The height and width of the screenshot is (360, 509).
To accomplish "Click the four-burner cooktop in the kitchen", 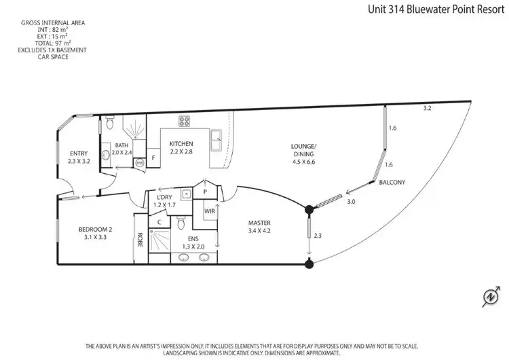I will [184, 122].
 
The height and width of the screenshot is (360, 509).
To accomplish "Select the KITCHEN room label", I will [181, 143].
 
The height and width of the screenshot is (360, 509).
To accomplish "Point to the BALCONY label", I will [392, 182].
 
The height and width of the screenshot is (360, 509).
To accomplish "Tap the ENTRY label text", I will [78, 154].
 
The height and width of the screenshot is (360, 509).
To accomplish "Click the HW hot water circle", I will [140, 163].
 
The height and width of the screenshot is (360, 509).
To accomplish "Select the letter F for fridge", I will [154, 158].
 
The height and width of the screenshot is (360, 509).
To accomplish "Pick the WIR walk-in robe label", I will [208, 211].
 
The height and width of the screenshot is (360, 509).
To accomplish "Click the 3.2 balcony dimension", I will [427, 108].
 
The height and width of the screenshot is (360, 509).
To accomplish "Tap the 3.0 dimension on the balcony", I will [351, 202].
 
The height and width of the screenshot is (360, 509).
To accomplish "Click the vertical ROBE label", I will [140, 239].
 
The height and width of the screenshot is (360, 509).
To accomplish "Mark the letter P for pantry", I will [206, 192].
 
